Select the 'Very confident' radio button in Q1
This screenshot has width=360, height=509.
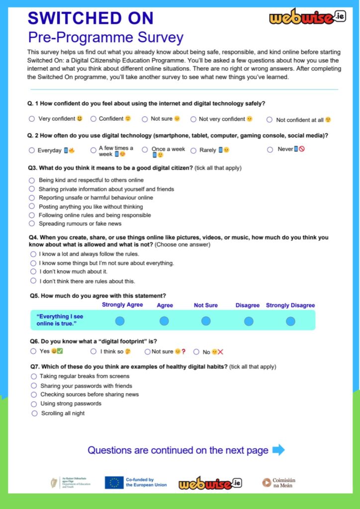[32, 119]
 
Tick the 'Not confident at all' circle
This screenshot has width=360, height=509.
[270, 119]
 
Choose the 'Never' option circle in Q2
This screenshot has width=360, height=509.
[270, 149]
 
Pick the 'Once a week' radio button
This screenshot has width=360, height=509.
[145, 149]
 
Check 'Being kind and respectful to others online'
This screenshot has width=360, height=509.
[32, 180]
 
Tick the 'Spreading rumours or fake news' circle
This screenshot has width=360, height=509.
[32, 224]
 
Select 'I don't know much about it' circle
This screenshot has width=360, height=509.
[33, 271]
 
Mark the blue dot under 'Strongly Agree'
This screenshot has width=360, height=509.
[120, 321]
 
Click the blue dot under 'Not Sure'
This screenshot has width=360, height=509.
[206, 321]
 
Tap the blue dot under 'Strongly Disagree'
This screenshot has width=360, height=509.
[290, 321]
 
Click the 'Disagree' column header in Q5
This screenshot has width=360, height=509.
[248, 305]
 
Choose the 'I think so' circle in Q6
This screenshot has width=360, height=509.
[93, 351]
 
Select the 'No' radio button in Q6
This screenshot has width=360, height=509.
[196, 352]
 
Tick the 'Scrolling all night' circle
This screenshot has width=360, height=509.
[34, 413]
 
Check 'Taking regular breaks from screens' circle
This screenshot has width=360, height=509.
[34, 376]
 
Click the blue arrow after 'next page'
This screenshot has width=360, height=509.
[278, 450]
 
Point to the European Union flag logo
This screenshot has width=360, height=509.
[114, 482]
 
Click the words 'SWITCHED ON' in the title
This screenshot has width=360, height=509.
[90, 18]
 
